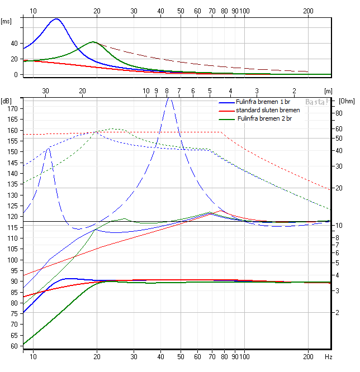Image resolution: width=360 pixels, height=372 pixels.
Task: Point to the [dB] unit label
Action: pyautogui.click(x=7, y=101)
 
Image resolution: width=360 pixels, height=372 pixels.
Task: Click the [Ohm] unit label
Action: pyautogui.click(x=347, y=101)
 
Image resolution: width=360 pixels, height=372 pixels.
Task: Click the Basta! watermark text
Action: pyautogui.click(x=317, y=102)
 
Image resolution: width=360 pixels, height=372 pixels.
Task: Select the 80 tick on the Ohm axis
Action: pyautogui.click(x=339, y=113)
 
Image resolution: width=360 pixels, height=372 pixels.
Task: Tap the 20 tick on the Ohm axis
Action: pyautogui.click(x=339, y=188)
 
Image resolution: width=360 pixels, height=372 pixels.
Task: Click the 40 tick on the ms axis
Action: pyautogui.click(x=14, y=43)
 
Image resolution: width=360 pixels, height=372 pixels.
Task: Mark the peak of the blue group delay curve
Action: pyautogui.click(x=56, y=19)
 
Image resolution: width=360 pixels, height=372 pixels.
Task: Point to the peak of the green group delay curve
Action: pyautogui.click(x=93, y=42)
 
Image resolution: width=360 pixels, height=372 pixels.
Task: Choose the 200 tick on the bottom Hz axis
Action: pyautogui.click(x=309, y=356)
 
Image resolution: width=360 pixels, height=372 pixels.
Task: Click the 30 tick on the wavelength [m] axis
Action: pyautogui.click(x=46, y=91)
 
